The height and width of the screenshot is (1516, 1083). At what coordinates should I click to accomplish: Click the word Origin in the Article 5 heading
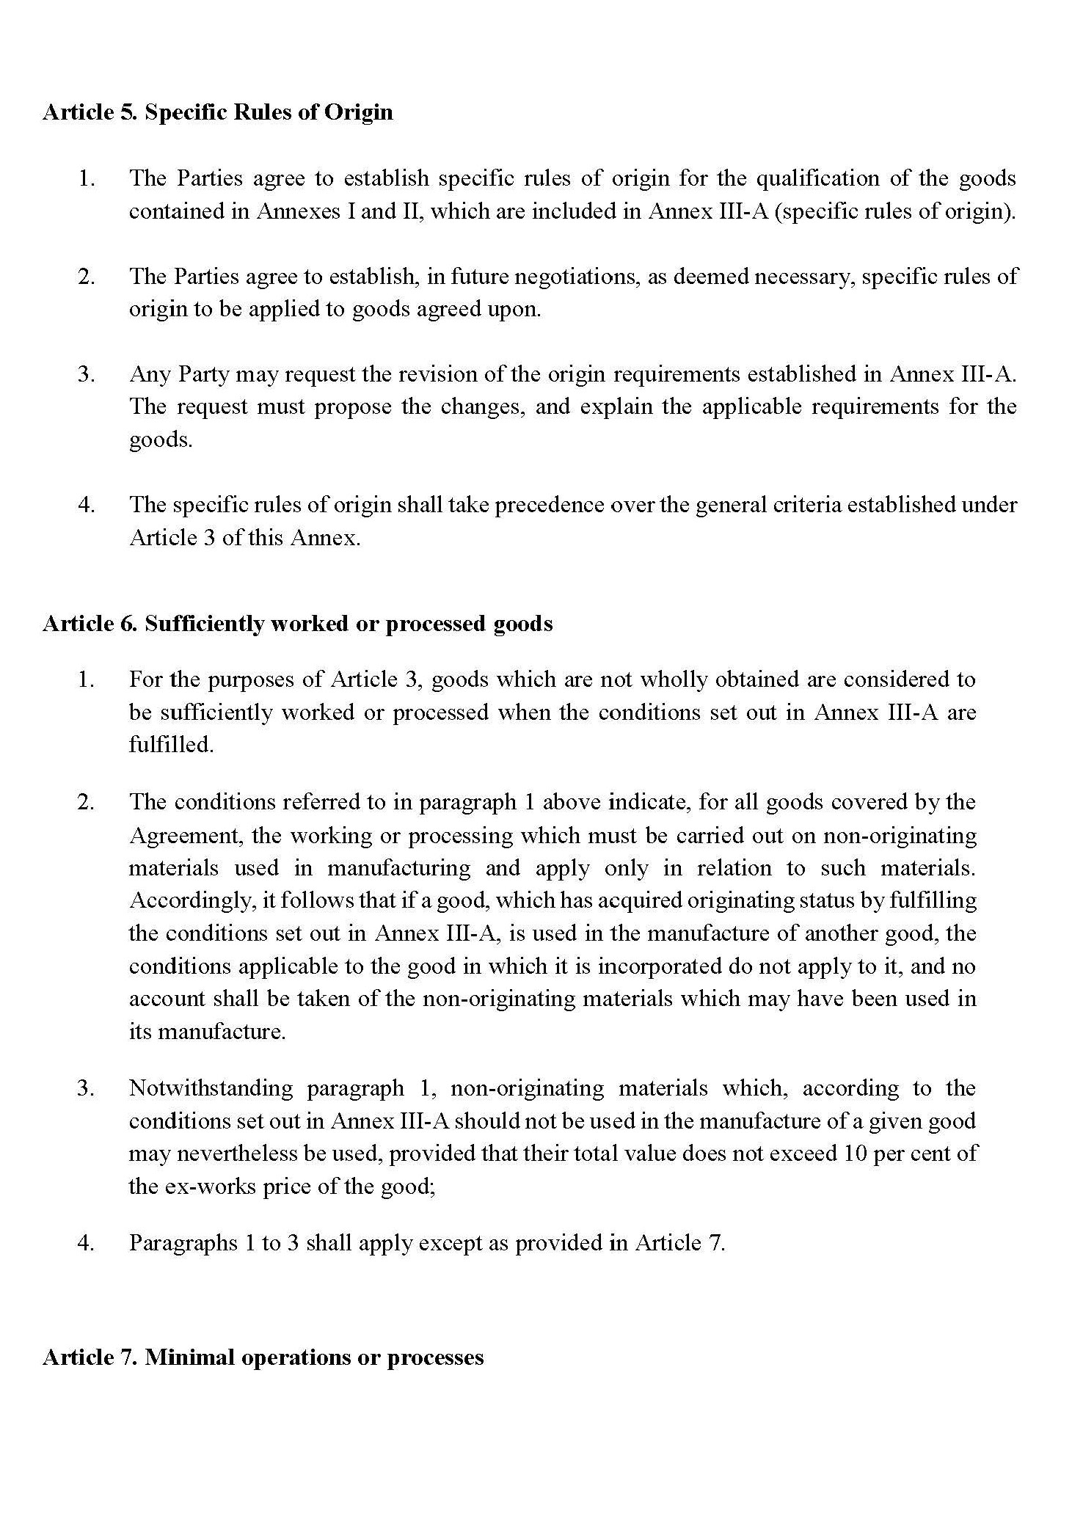(x=359, y=112)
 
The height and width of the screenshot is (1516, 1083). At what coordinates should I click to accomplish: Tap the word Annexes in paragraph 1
(x=291, y=211)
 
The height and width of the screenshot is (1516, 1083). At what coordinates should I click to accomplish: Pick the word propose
(x=353, y=407)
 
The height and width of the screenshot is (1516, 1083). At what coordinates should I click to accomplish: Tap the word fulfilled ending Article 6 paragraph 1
(x=171, y=745)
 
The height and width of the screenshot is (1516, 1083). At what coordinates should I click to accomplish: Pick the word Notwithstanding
(x=211, y=1088)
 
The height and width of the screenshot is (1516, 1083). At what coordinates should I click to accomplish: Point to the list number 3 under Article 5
(x=86, y=374)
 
